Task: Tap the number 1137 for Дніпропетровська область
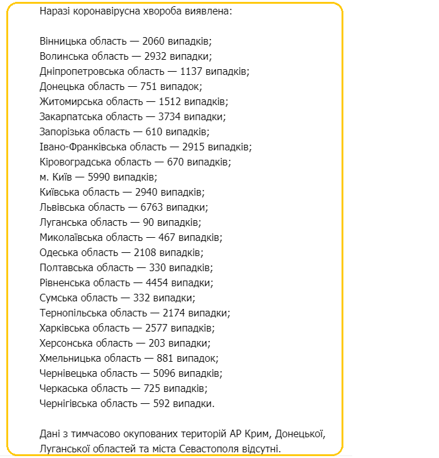(x=192, y=71)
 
